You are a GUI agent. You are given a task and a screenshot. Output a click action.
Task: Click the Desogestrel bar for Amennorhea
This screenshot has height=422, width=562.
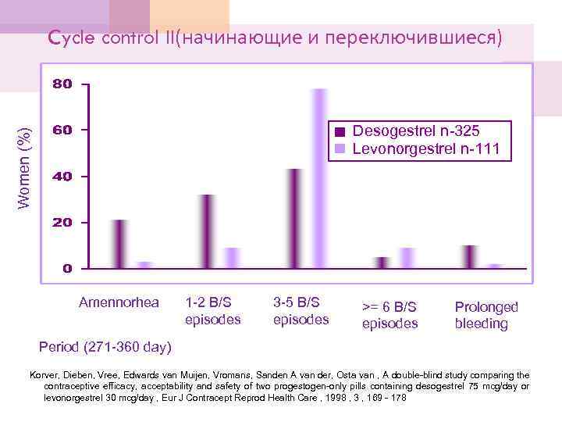(119, 244)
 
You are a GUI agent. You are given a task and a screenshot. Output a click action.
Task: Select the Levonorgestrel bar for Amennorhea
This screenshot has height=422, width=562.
(144, 265)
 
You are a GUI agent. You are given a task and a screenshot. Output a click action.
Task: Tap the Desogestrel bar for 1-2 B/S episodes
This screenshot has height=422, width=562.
(207, 231)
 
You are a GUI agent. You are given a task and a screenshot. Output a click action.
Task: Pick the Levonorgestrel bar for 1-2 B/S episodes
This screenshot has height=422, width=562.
(232, 258)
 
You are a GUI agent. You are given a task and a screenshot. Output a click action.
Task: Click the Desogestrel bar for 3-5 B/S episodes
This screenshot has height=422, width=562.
(294, 219)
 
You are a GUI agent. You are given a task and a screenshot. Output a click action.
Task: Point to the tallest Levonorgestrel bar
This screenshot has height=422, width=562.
(319, 179)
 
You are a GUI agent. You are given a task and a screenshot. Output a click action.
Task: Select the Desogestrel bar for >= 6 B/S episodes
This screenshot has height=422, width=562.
(382, 263)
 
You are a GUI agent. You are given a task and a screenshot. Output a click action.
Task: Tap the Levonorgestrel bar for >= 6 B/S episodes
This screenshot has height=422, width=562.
(407, 258)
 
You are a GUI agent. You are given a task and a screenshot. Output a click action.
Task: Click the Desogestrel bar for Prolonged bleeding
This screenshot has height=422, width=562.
(469, 256)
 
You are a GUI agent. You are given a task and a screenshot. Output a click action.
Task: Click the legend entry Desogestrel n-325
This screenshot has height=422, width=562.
(415, 131)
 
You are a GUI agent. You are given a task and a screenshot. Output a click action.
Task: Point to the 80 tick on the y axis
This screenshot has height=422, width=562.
(62, 84)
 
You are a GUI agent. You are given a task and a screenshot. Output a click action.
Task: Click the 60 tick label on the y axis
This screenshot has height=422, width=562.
(62, 130)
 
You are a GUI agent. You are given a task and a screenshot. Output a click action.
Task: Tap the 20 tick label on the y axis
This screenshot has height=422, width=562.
(62, 223)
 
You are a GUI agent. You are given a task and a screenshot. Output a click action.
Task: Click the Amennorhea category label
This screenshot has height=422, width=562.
(119, 302)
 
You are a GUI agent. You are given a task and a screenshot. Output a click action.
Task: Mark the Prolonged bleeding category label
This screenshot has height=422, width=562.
(486, 315)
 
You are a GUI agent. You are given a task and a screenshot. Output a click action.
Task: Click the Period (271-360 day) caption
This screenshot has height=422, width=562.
(105, 346)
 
